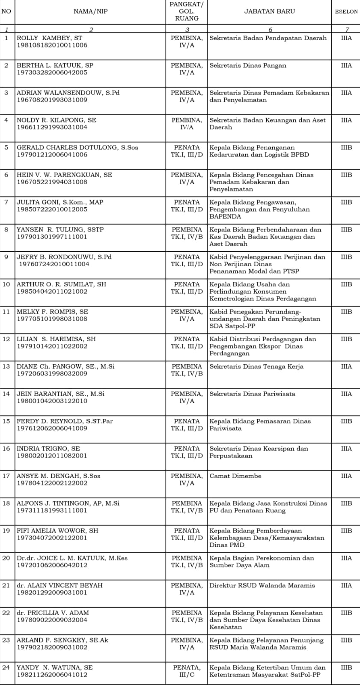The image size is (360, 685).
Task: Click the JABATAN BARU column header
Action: pos(269,12)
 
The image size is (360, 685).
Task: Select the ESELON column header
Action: pos(346,12)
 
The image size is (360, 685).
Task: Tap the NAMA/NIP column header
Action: pos(90,12)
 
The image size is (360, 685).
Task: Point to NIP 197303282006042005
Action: pos(52,73)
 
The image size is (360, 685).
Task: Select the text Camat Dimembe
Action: pos(235,476)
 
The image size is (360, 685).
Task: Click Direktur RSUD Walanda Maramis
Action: pos(262,586)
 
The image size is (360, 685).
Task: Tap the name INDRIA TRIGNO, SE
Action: pos(48,449)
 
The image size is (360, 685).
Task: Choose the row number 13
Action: pos(6,366)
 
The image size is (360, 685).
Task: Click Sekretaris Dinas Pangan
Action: pos(247,66)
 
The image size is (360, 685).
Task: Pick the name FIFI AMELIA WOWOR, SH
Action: pos(57,531)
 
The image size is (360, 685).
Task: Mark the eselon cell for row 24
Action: pos(346,668)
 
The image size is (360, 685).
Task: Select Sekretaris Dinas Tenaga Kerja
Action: pos(256,366)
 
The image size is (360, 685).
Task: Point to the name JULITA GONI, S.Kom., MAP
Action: pos(60,202)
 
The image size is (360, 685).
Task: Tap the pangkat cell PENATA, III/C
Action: pos(187,671)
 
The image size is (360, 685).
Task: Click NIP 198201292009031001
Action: pos(52,593)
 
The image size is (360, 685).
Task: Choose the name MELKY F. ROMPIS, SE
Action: pos(52,312)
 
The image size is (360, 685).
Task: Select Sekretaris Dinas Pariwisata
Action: pos(252,394)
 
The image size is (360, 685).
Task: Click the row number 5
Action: pos(6,148)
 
